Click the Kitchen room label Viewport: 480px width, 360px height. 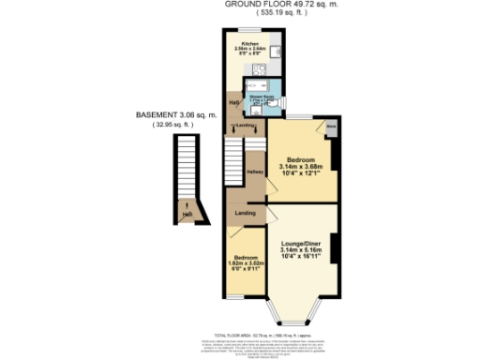click(249, 43)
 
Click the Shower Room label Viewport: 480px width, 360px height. click(260, 97)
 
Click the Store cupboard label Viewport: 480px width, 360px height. click(331, 126)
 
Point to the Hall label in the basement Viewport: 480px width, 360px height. click(187, 216)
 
